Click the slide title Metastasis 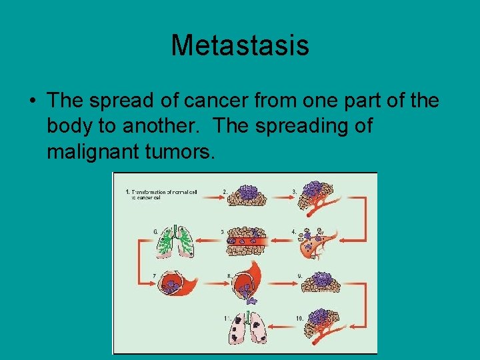coord(239,45)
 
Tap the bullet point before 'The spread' coord(32,101)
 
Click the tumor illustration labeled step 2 coord(248,195)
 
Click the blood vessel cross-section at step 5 coord(248,241)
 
